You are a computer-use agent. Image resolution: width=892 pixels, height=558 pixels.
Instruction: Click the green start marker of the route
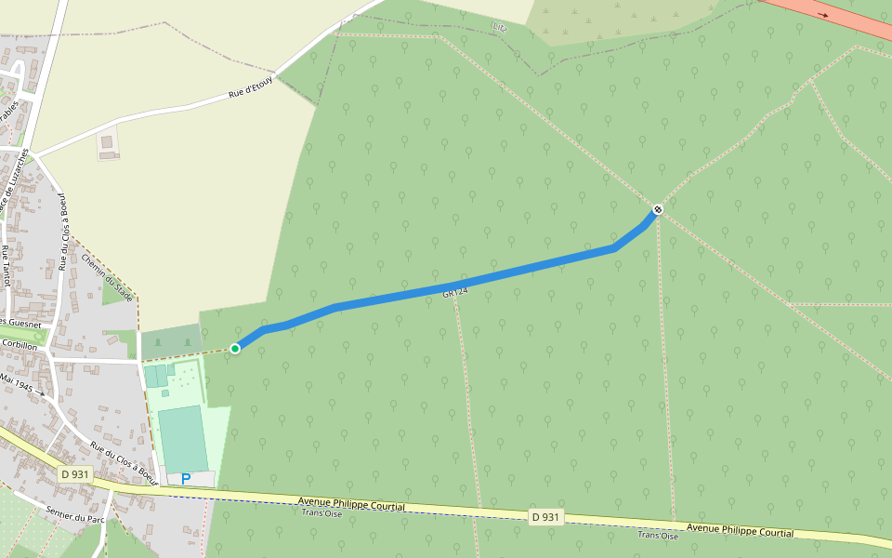(x=235, y=348)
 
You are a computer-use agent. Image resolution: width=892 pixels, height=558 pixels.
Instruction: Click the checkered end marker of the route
(x=658, y=209)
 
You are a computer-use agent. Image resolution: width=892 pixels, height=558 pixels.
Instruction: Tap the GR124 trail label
(x=454, y=293)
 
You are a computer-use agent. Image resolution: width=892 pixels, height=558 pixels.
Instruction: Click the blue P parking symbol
(x=186, y=479)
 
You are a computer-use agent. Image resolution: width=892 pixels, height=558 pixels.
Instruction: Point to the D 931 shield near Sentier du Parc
(x=75, y=474)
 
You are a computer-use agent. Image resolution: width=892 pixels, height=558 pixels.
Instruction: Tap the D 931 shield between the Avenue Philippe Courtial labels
(x=546, y=517)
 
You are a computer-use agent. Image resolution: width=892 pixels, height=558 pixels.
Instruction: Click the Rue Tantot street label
(x=6, y=265)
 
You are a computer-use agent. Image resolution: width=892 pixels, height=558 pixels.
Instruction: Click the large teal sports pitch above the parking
(x=182, y=438)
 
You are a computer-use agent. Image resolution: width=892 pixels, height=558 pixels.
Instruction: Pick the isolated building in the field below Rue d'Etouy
(x=109, y=144)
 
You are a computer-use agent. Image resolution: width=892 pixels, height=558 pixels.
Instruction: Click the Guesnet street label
(x=20, y=322)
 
